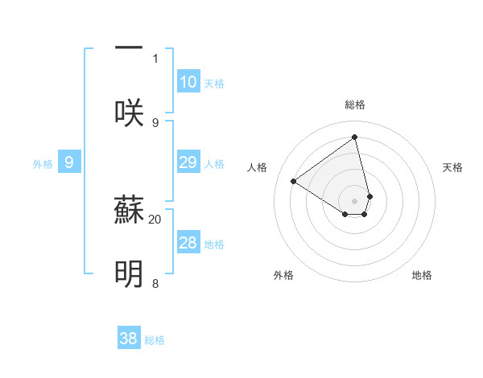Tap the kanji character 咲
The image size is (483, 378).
pos(129,112)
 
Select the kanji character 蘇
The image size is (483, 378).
pos(129,212)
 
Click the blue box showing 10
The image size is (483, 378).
pos(188,81)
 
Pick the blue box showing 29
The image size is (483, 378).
pos(188,162)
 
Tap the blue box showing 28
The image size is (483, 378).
pos(188,243)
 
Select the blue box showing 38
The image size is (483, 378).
pos(129,339)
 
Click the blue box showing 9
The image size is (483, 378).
pos(69,162)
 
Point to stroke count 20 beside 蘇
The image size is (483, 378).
pos(155,218)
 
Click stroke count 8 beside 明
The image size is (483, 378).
pos(155,283)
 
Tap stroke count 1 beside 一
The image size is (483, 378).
pos(155,58)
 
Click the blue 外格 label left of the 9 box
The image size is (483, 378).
pos(43,164)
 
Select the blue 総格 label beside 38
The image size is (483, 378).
pos(155,340)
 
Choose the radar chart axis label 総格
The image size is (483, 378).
pos(355,105)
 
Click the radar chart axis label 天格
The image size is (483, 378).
pos(453,167)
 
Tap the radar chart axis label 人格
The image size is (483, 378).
pos(258,167)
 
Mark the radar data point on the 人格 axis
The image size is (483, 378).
pos(294,181)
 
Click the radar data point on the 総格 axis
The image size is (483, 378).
pos(355,138)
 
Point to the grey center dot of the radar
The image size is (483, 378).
pos(355,200)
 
